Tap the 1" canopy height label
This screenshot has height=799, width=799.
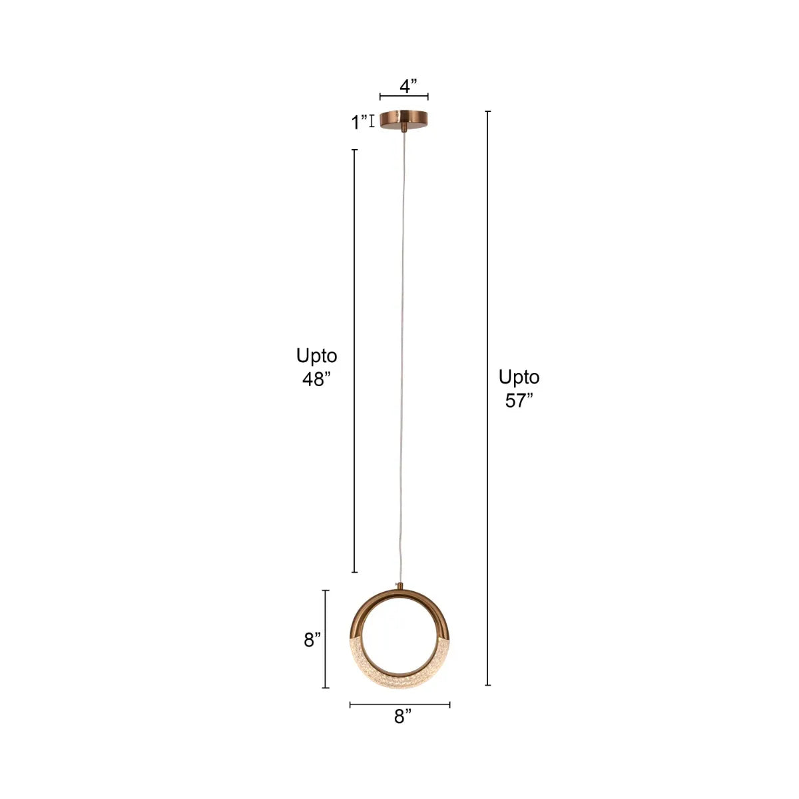360,123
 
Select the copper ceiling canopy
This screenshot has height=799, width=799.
404,119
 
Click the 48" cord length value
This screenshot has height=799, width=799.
316,380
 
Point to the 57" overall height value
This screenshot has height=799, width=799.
519,401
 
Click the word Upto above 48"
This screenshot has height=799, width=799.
316,356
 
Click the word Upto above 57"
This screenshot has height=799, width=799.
519,378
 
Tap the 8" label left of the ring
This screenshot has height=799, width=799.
312,640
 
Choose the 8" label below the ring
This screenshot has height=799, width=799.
402,717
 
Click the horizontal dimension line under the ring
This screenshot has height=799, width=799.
400,704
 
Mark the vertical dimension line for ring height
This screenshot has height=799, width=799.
326,639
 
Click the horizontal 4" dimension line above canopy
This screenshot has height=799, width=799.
404,97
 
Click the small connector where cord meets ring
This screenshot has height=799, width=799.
400,586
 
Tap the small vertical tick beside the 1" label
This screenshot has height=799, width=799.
372,121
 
